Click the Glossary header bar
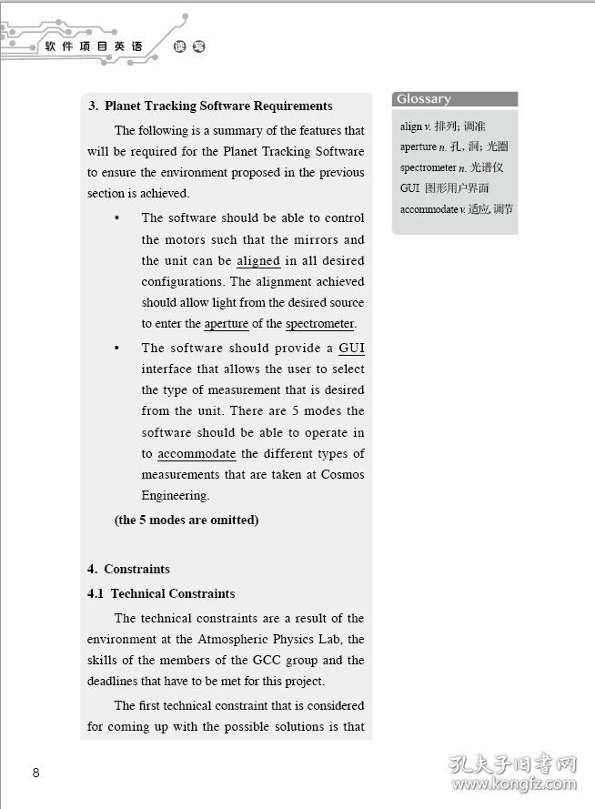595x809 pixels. coord(455,99)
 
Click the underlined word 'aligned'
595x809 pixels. coord(258,261)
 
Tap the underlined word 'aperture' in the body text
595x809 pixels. coord(226,324)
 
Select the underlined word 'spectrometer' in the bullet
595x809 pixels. coord(319,324)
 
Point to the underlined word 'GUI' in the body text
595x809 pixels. coord(351,349)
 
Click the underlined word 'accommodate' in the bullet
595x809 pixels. coord(197,454)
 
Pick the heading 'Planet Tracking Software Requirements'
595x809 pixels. coord(218,106)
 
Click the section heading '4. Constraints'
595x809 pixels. coord(129,570)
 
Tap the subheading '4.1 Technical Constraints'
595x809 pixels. coord(162,594)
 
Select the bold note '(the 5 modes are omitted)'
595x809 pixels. coord(187,521)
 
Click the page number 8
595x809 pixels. coord(35,774)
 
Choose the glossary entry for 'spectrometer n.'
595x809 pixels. coord(451,167)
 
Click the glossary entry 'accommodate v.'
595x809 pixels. coord(457,209)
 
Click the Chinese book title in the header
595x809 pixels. coord(94,46)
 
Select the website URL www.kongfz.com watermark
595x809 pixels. coord(515,782)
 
